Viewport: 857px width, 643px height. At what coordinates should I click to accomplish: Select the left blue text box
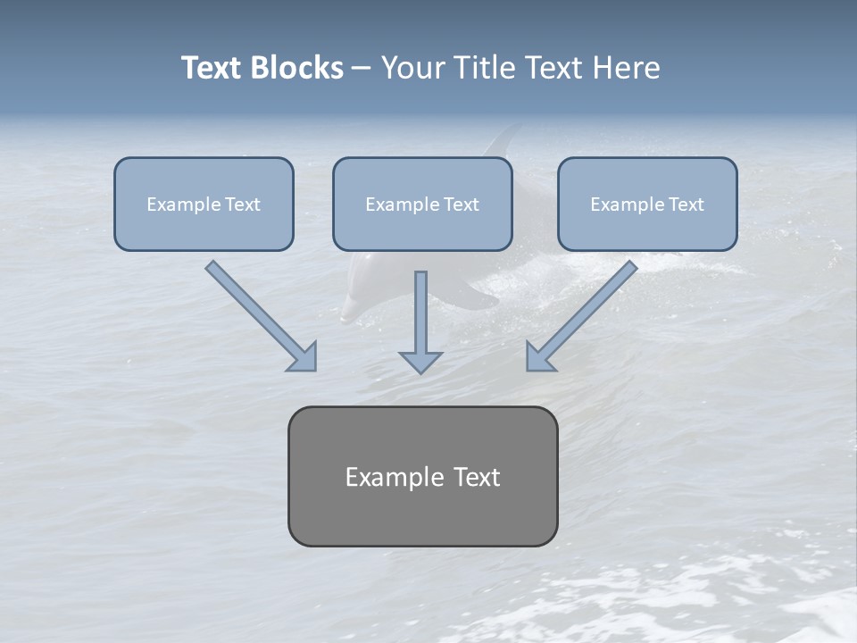click(x=204, y=205)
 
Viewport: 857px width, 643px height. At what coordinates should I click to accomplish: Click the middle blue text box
click(x=422, y=205)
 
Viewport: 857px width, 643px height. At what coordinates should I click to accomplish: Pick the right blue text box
click(x=647, y=205)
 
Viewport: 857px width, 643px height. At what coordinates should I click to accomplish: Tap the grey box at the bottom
click(x=422, y=476)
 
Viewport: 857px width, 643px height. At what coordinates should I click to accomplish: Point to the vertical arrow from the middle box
click(x=420, y=313)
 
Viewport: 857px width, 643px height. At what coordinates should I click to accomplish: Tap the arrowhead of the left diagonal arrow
click(x=304, y=356)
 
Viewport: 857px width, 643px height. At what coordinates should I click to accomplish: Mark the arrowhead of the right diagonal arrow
click(x=539, y=356)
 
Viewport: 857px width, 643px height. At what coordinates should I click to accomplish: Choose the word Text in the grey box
click(x=475, y=477)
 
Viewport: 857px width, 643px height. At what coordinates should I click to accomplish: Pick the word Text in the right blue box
click(x=686, y=205)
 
